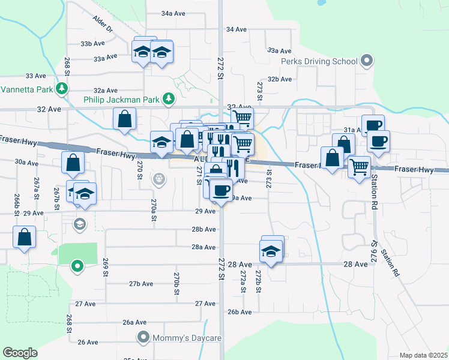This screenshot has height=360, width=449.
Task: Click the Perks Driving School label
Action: click(319, 61)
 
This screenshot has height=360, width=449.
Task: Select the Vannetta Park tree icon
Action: click(61, 89)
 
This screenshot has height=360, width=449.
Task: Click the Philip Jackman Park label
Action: click(124, 97)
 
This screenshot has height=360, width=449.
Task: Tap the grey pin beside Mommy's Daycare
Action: click(143, 338)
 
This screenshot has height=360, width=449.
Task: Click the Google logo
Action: click(20, 353)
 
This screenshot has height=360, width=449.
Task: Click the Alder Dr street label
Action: click(103, 24)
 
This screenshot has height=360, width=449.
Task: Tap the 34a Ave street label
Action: click(174, 13)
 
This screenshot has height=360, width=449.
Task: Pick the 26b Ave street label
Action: click(239, 312)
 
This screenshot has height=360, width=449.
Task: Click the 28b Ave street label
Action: click(203, 229)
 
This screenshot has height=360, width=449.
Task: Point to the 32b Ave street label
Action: click(279, 79)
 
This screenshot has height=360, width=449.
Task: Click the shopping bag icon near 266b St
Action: click(24, 237)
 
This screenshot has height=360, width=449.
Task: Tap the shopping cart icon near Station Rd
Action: click(359, 166)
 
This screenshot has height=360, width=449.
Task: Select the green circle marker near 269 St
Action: click(77, 265)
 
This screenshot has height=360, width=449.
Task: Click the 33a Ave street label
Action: click(104, 58)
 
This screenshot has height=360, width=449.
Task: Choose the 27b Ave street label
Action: click(141, 283)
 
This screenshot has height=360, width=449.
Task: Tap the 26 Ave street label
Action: click(88, 342)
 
